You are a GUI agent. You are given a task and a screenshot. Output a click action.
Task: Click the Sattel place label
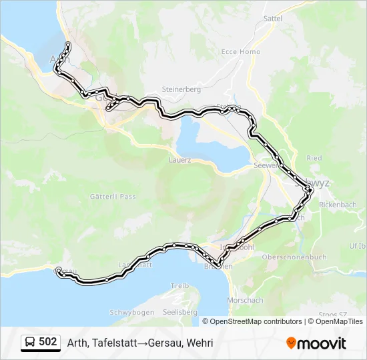pos(273,19)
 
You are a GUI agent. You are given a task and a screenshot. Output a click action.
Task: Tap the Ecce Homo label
pos(240,52)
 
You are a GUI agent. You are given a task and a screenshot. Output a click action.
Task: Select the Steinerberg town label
pos(181,89)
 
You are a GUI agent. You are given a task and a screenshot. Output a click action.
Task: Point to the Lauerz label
pos(180,160)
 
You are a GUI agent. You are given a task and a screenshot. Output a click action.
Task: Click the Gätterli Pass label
pos(113,197)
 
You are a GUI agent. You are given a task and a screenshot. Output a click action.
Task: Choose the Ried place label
pos(314,158)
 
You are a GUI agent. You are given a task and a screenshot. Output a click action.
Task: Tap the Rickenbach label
pos(343,204)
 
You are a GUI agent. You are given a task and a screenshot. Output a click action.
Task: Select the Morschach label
pos(245,300)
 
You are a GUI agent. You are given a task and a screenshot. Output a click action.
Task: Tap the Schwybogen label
pos(131,312)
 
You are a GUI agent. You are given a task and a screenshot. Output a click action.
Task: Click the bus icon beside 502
pos(30,343)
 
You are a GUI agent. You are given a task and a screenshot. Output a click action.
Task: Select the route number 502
pos(48,342)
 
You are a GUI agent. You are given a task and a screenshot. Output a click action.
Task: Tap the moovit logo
pos(316,343)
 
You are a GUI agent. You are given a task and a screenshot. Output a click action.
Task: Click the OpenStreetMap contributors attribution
pos(255,321)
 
